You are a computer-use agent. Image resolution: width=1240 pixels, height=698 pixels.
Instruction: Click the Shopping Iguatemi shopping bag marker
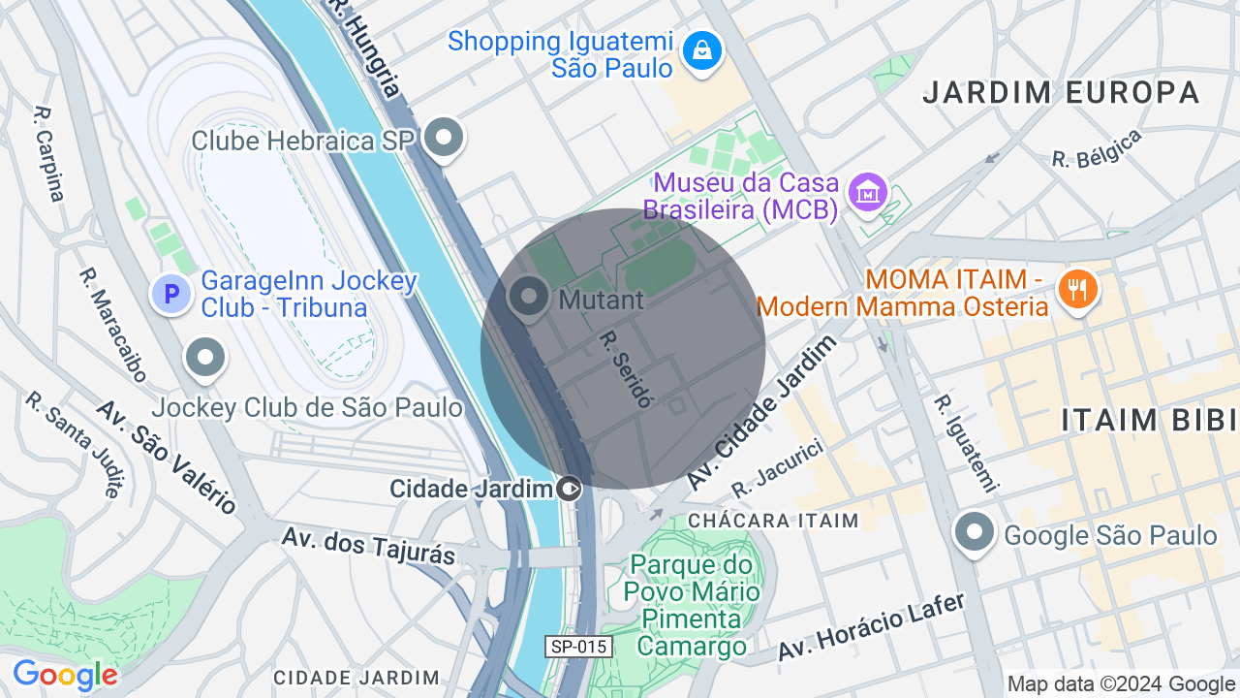tap(701, 49)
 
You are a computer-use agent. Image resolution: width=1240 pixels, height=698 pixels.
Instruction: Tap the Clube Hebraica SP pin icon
tap(444, 138)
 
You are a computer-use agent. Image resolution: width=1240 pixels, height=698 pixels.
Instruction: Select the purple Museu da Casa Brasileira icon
tap(867, 192)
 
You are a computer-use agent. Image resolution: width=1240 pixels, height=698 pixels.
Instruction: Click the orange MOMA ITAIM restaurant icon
tap(1077, 289)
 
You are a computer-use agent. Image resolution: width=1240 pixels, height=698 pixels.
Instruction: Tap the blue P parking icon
tap(171, 293)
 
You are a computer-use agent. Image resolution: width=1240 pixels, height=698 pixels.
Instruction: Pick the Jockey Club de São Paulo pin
tap(204, 358)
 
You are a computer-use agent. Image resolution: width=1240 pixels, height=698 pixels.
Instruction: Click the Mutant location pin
tap(529, 297)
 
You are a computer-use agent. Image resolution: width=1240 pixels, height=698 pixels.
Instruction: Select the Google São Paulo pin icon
tap(974, 533)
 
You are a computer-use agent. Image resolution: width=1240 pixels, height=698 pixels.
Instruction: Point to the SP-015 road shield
tap(578, 647)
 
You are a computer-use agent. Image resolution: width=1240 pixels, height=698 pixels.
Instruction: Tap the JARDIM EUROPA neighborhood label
tap(1061, 93)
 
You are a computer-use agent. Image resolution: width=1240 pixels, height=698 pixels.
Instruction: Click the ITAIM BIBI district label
tap(1149, 420)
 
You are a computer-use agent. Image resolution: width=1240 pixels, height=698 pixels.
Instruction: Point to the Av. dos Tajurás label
tap(368, 545)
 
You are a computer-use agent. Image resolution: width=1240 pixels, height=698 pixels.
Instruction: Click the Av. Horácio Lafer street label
tap(872, 627)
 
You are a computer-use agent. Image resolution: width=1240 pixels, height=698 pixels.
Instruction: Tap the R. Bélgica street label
tap(1097, 148)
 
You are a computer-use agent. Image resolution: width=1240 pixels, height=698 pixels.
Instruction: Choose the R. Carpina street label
tap(48, 153)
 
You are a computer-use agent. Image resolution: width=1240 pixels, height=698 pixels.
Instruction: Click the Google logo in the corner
tap(65, 676)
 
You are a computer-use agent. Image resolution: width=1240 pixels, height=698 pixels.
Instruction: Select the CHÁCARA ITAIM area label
tap(773, 521)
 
